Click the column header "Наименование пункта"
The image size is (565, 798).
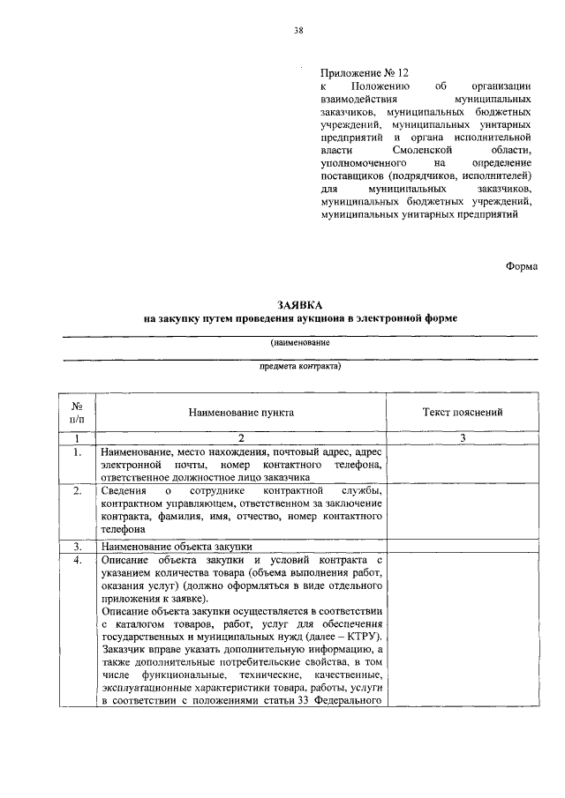coord(241,412)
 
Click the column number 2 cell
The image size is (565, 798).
coord(241,438)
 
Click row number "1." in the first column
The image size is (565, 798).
coord(78,452)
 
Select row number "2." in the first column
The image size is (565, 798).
coord(78,490)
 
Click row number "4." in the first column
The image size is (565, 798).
coord(78,560)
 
